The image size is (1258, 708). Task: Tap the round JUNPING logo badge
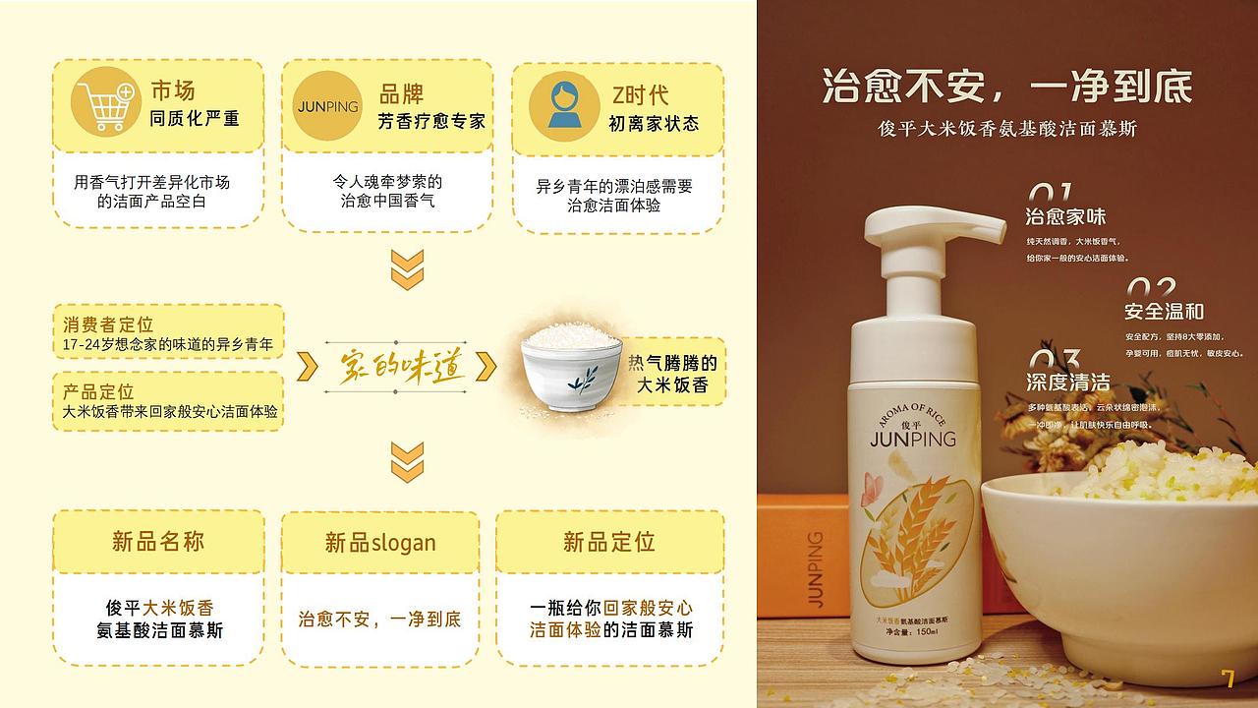pyautogui.click(x=327, y=105)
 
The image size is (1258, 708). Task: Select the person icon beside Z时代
pyautogui.click(x=564, y=105)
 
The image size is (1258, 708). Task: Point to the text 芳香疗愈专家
pyautogui.click(x=431, y=121)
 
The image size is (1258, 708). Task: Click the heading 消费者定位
pyautogui.click(x=108, y=324)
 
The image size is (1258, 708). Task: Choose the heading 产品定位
pyautogui.click(x=98, y=391)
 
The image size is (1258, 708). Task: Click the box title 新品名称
pyautogui.click(x=158, y=541)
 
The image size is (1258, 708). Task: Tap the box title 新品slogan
pyautogui.click(x=380, y=543)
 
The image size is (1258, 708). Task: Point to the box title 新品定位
pyautogui.click(x=608, y=541)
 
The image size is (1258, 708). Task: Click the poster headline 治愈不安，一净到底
pyautogui.click(x=1006, y=88)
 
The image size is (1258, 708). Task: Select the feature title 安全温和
pyautogui.click(x=1164, y=312)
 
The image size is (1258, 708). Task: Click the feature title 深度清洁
pyautogui.click(x=1067, y=382)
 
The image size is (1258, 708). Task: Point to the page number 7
pyautogui.click(x=1228, y=678)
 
